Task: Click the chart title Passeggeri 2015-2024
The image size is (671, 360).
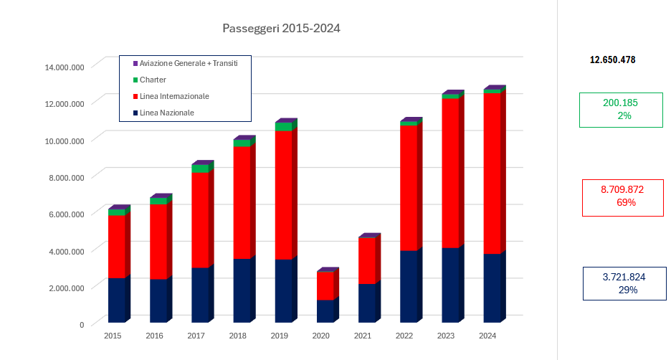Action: [281, 29]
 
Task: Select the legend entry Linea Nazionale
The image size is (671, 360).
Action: [167, 113]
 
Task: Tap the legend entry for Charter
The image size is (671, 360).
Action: [153, 80]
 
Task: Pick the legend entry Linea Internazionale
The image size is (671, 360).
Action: [174, 96]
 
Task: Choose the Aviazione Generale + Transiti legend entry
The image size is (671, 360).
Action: [189, 63]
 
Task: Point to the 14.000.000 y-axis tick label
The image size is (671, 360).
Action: [65, 67]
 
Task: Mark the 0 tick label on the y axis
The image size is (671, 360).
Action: [82, 324]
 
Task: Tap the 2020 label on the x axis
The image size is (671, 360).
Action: [321, 336]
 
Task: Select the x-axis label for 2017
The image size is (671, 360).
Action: [196, 336]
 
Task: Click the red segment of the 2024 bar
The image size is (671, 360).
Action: [492, 172]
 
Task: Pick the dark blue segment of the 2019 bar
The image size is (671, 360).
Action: [283, 290]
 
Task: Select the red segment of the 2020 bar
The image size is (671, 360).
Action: [325, 285]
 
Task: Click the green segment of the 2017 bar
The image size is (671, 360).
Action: [199, 169]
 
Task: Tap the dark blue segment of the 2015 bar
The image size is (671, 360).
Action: [116, 300]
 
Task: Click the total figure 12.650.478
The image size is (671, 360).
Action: [612, 60]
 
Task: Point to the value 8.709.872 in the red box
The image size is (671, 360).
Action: [622, 190]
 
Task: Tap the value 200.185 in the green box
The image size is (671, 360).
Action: [620, 103]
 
